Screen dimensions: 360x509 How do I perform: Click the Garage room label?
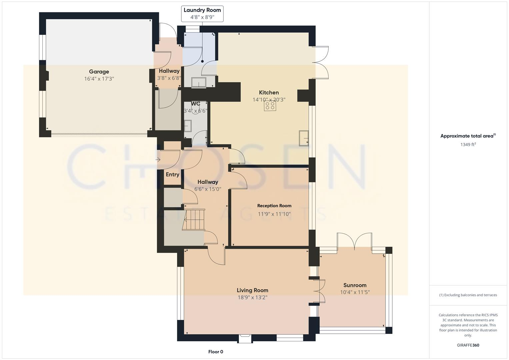[99, 72]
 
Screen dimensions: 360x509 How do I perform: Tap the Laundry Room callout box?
[202, 14]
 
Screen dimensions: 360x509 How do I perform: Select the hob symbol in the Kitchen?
[270, 106]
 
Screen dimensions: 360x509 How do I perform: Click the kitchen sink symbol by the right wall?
[304, 138]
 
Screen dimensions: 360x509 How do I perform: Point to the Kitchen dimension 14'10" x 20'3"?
[269, 100]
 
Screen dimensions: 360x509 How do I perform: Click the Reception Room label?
[274, 206]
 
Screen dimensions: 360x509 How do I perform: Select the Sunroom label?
[355, 285]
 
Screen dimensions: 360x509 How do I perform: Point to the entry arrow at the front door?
[158, 160]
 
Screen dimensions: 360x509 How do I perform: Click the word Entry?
[172, 175]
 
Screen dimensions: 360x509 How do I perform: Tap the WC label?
[195, 104]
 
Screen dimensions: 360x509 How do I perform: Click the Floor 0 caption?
[216, 352]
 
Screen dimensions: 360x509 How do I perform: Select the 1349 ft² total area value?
[468, 145]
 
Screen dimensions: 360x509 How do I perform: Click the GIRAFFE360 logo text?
[468, 345]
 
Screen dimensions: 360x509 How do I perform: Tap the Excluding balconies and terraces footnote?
[468, 295]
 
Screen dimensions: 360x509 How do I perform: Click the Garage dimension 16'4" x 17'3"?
[99, 79]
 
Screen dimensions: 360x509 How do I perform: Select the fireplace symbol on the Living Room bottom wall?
[245, 338]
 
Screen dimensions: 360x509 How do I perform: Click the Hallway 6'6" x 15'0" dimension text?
[208, 189]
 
